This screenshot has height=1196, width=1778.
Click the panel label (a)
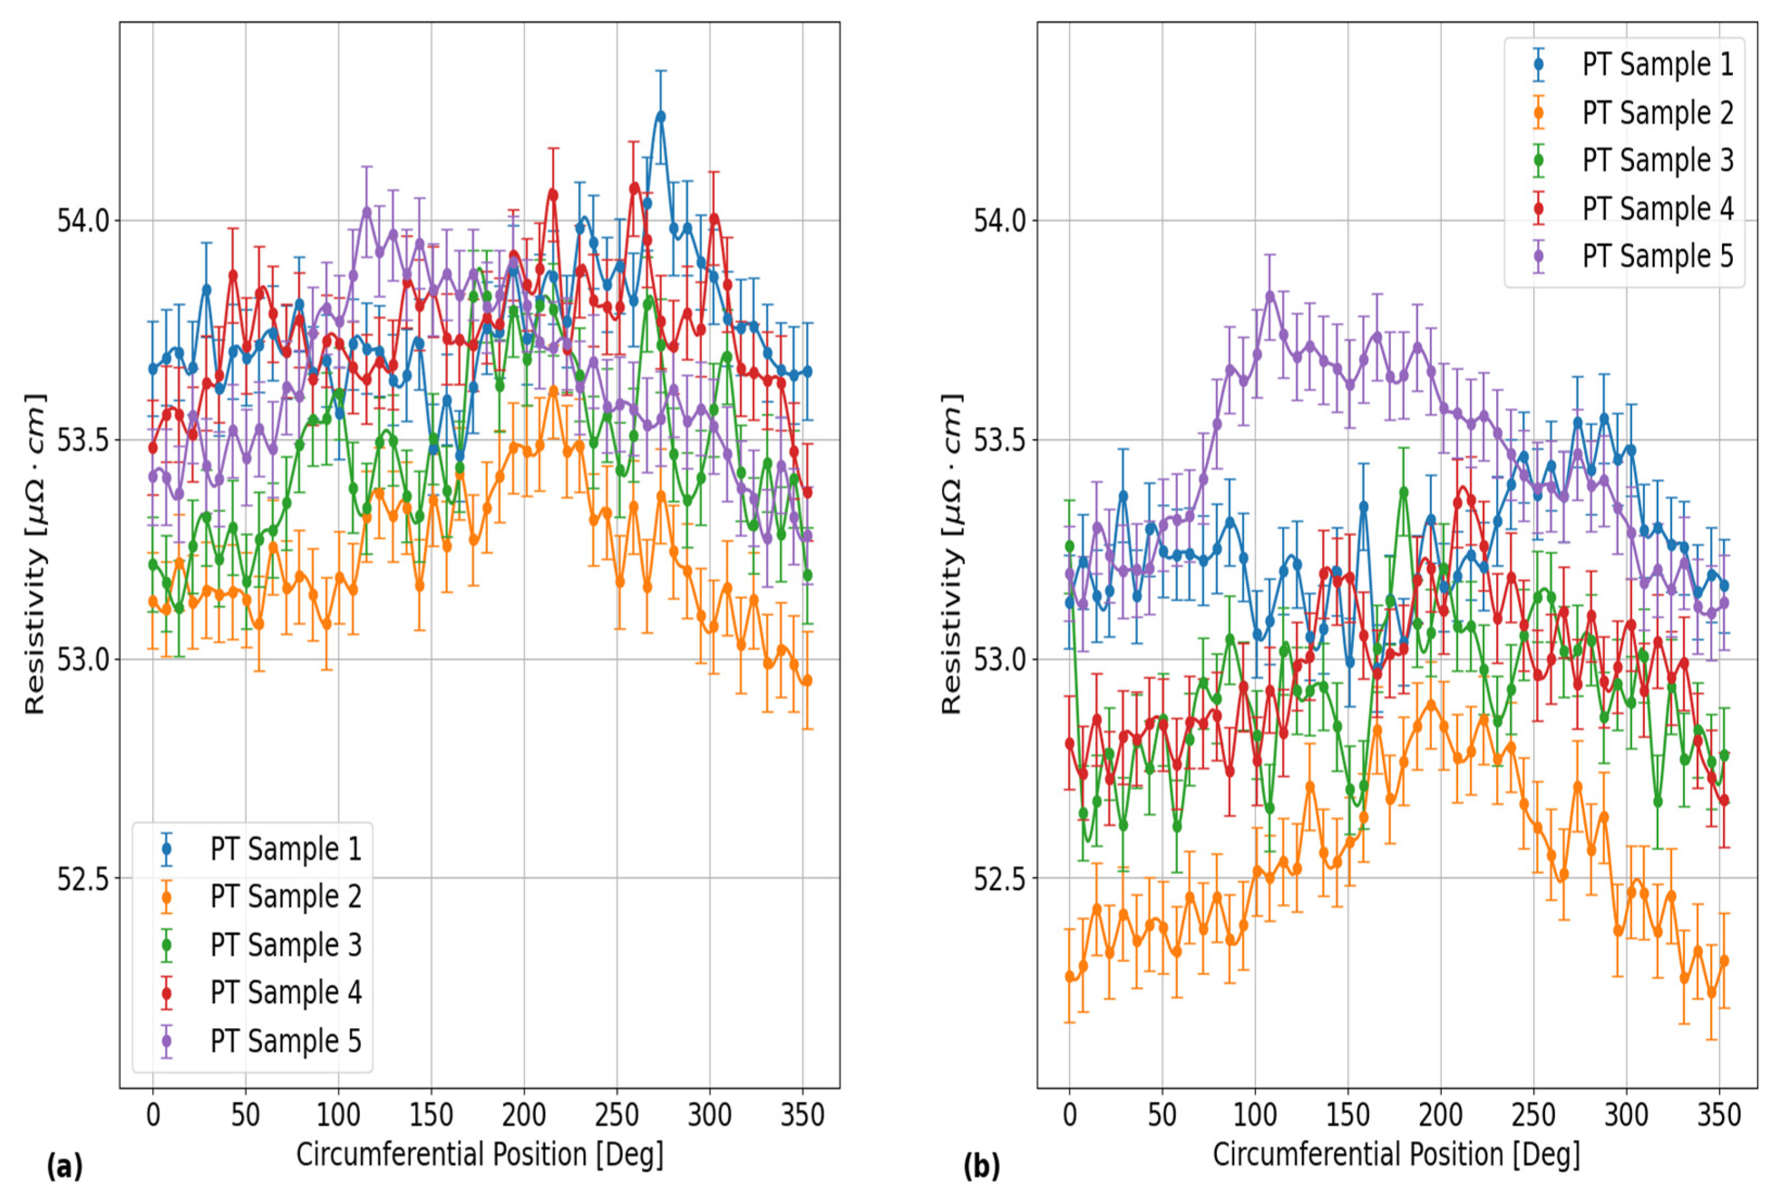[64, 1167]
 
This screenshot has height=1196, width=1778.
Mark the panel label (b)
[981, 1167]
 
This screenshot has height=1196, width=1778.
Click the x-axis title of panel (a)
[480, 1155]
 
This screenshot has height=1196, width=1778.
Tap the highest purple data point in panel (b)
[1270, 296]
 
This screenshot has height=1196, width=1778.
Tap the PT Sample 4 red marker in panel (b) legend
[1538, 208]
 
